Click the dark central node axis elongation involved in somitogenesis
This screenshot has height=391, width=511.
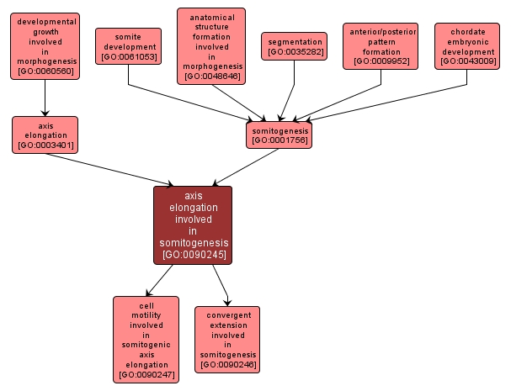pyautogui.click(x=193, y=225)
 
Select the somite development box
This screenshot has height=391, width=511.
pyautogui.click(x=129, y=46)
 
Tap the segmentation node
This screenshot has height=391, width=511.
pyautogui.click(x=295, y=46)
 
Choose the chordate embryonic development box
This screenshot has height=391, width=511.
pyautogui.click(x=467, y=46)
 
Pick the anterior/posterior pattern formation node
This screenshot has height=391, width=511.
pyautogui.click(x=381, y=46)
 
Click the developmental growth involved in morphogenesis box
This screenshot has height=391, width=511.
pyautogui.click(x=45, y=46)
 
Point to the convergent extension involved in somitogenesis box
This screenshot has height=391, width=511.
pyautogui.click(x=227, y=340)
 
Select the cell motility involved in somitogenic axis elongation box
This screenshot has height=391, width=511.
pyautogui.click(x=146, y=340)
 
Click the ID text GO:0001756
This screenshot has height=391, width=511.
pyautogui.click(x=279, y=140)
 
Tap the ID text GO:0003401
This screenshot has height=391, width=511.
pyautogui.click(x=45, y=145)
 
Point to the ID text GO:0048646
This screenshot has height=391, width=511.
pyautogui.click(x=212, y=77)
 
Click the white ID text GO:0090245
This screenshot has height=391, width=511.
pyautogui.click(x=194, y=254)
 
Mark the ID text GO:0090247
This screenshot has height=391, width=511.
pyautogui.click(x=146, y=375)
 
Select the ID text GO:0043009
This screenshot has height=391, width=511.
pyautogui.click(x=468, y=61)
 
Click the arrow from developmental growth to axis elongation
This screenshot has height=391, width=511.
pyautogui.click(x=45, y=98)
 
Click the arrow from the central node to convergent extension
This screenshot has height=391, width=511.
pyautogui.click(x=221, y=285)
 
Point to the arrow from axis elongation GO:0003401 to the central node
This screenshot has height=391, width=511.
pyautogui.click(x=109, y=170)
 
